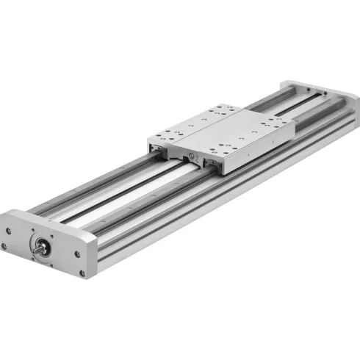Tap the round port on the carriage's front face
192,157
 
